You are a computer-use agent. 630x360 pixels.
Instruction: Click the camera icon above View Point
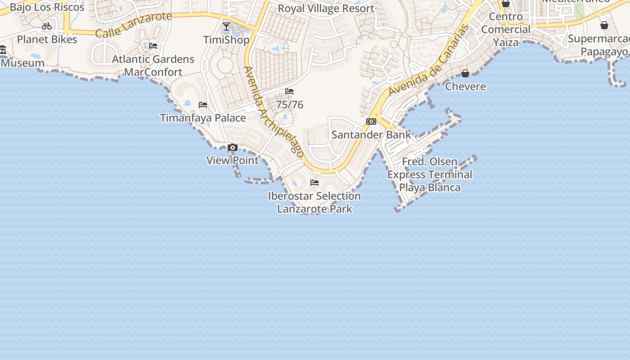click(x=233, y=148)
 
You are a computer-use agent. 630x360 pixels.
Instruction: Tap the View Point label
click(x=233, y=160)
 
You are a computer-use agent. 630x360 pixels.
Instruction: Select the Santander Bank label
click(x=371, y=135)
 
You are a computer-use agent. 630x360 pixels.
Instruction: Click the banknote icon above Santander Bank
click(x=371, y=121)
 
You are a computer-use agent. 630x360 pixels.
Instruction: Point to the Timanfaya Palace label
click(x=203, y=118)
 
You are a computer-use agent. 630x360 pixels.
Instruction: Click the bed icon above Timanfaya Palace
click(x=203, y=105)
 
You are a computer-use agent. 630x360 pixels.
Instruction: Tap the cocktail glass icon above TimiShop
click(x=226, y=27)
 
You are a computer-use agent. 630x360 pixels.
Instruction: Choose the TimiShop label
click(x=226, y=40)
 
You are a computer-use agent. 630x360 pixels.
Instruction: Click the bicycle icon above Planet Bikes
click(x=47, y=26)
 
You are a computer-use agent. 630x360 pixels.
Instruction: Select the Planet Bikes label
click(x=47, y=39)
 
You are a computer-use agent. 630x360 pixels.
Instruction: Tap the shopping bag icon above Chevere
click(x=465, y=73)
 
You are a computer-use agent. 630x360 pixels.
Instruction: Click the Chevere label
click(x=465, y=86)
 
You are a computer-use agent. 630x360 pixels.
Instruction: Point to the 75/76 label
click(x=289, y=105)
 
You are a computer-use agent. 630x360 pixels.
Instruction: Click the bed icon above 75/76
click(x=289, y=91)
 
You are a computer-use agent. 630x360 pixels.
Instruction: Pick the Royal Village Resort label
click(x=326, y=9)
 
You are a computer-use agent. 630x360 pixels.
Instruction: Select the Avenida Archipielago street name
click(x=274, y=112)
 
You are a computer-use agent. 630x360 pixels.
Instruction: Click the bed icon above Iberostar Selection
click(x=315, y=183)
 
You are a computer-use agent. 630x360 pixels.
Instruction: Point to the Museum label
click(x=22, y=63)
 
